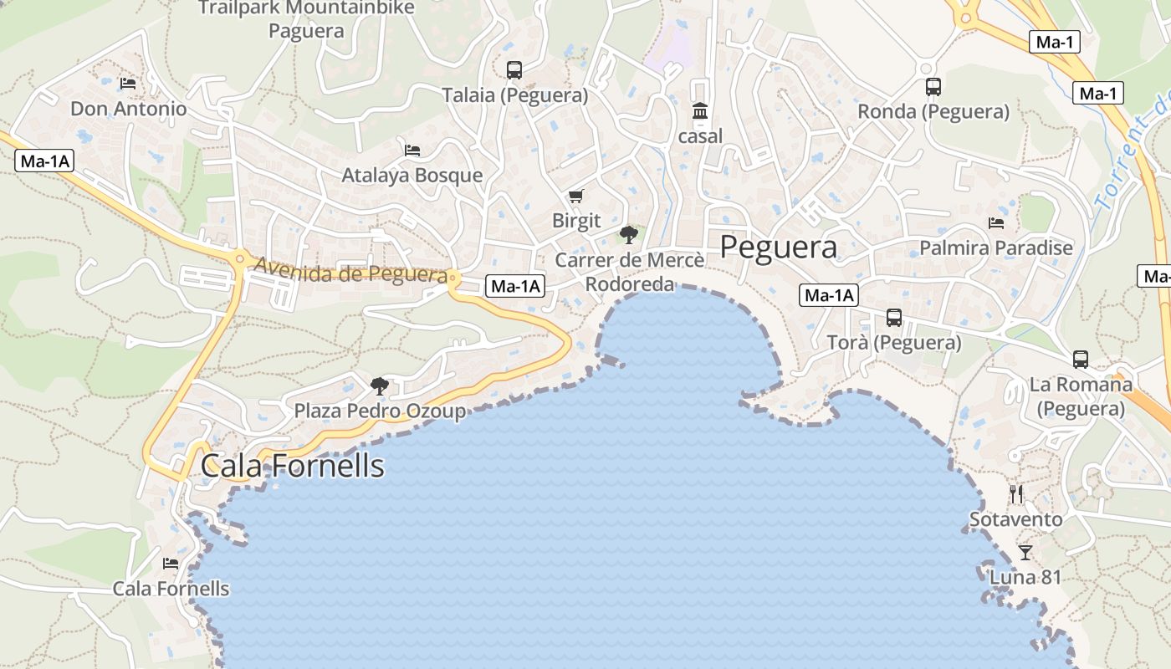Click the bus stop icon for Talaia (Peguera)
514,70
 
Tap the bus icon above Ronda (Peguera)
933,86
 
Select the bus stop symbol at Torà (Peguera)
894,318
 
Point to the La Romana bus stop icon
1081,360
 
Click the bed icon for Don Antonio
128,83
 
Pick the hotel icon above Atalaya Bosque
412,150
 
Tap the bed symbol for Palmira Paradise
995,222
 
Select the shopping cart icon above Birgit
575,197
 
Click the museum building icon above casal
700,111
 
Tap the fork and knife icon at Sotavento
1016,494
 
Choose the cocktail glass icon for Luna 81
1025,552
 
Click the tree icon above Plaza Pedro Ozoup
380,386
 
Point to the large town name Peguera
778,248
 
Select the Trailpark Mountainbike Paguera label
306,19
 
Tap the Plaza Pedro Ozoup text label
380,411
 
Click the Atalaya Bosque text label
412,176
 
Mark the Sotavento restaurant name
1015,519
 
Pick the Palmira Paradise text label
995,248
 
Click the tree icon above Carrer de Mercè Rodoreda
629,235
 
